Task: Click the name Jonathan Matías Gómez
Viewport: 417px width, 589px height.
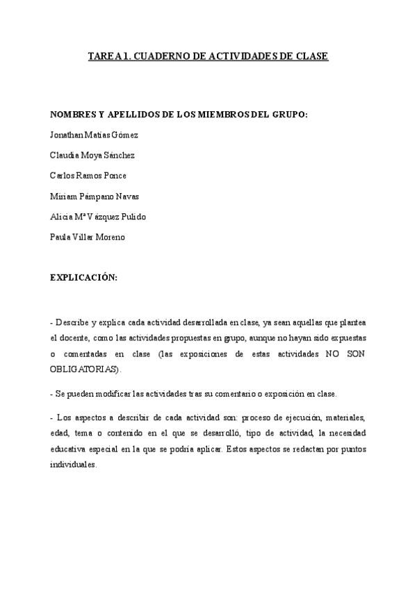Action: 94,134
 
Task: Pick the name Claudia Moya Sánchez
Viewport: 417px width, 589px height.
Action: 92,155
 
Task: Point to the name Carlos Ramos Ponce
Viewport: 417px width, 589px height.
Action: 88,175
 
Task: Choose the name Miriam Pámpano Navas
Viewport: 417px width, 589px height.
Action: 95,196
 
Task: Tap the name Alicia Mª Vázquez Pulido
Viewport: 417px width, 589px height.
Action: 98,217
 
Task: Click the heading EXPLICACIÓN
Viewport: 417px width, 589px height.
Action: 83,277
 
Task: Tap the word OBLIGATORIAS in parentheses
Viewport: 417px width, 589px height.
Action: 84,368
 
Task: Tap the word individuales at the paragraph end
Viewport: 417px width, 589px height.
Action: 74,465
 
